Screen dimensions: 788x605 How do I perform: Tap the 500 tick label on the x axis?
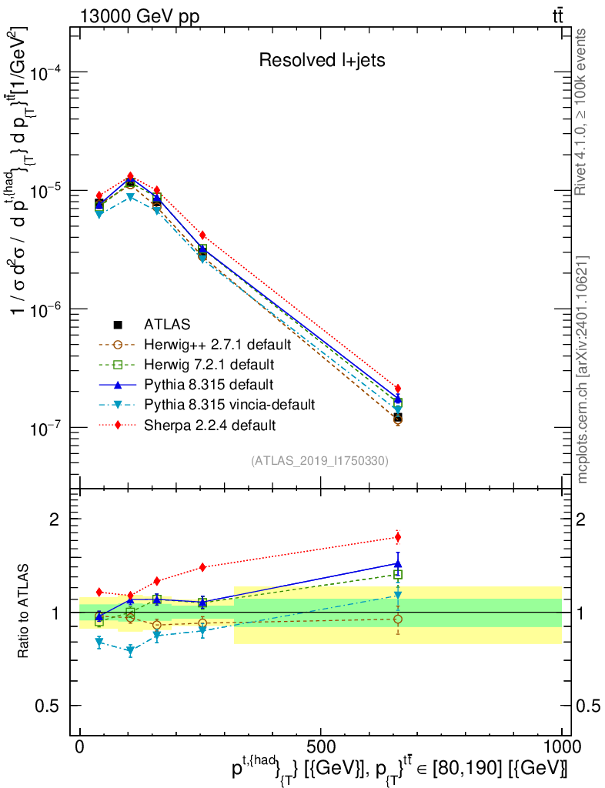pos(319,747)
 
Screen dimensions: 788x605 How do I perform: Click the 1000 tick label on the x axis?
pos(561,747)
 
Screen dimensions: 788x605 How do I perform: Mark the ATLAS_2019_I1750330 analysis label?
pos(319,461)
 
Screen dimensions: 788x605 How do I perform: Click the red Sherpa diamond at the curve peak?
pos(131,176)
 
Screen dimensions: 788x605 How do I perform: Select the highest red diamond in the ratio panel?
pos(398,537)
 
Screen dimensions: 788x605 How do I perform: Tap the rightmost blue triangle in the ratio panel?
pos(398,563)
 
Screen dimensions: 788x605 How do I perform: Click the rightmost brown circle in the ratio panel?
pos(398,619)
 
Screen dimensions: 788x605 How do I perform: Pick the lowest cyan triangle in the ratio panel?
pos(130,651)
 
